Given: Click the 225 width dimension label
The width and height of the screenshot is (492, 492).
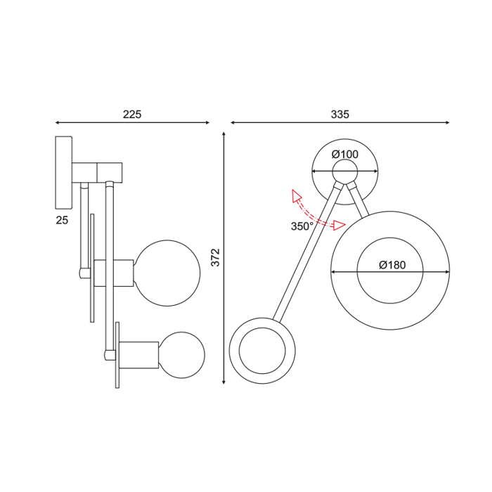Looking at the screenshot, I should (132, 115).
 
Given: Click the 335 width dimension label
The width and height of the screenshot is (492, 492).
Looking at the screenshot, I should (339, 114).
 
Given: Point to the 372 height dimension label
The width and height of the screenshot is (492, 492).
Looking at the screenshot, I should (216, 257).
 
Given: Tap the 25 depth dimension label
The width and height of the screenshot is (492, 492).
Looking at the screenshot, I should (62, 220).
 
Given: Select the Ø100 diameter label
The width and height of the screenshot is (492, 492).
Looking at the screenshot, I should (344, 154).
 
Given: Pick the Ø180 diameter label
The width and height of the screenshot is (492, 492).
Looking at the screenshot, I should (391, 265).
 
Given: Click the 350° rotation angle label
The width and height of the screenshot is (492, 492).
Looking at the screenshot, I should (302, 226).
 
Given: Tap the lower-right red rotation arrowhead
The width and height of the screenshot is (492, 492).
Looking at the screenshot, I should (340, 225).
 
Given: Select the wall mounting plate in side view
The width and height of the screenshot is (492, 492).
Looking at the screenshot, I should (63, 172).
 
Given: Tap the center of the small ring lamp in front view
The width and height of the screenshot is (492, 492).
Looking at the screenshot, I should (262, 351).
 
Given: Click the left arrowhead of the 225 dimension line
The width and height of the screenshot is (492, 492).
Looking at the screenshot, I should (58, 123).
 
